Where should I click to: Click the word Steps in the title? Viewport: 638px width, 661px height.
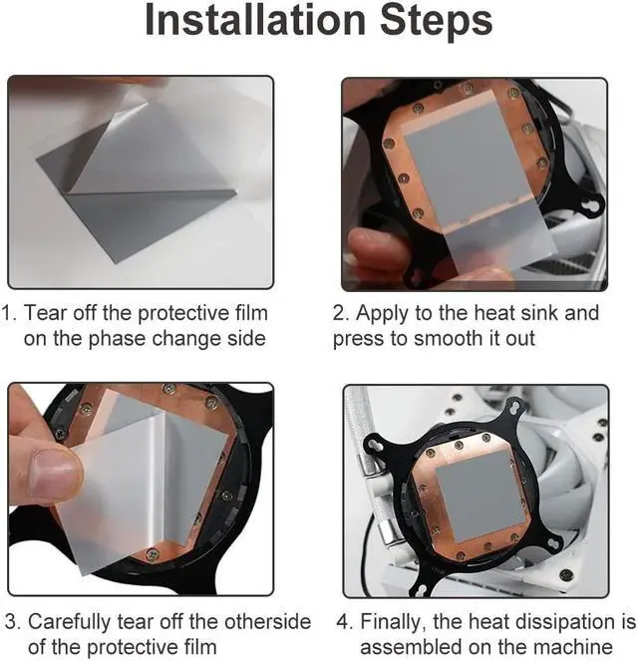[x=437, y=21]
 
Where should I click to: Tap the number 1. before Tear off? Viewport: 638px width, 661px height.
[x=9, y=313]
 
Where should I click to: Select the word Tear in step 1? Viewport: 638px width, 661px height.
[x=45, y=313]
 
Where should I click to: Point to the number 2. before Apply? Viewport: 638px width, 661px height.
[x=341, y=313]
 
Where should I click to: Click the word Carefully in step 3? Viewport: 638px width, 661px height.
[x=70, y=623]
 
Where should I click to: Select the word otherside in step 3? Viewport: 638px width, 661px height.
[x=267, y=622]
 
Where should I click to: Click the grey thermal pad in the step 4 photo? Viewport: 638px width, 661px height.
[x=480, y=496]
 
